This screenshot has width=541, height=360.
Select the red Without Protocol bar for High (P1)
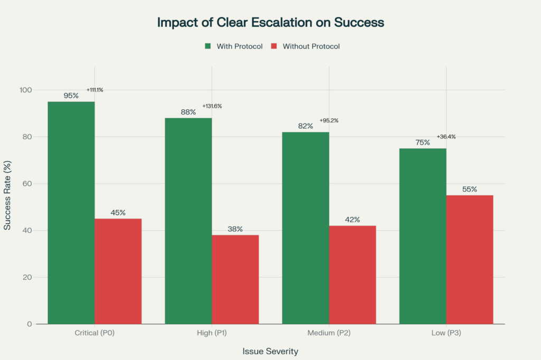[x=235, y=279]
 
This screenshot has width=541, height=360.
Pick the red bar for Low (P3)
[x=470, y=259]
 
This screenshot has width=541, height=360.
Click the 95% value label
[x=71, y=96]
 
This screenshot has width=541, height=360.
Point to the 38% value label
[x=235, y=229]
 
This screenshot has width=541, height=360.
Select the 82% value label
[x=305, y=126]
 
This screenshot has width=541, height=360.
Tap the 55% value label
[x=470, y=189]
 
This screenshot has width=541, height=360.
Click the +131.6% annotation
[x=212, y=106]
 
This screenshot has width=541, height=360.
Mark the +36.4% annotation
[x=446, y=137]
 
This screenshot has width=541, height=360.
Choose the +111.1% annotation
[x=95, y=90]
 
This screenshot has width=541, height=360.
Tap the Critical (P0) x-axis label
[x=95, y=333]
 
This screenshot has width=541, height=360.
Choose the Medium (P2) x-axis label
[x=329, y=333]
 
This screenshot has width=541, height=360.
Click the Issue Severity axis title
[x=270, y=350]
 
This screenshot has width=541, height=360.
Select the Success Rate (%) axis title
[x=8, y=195]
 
